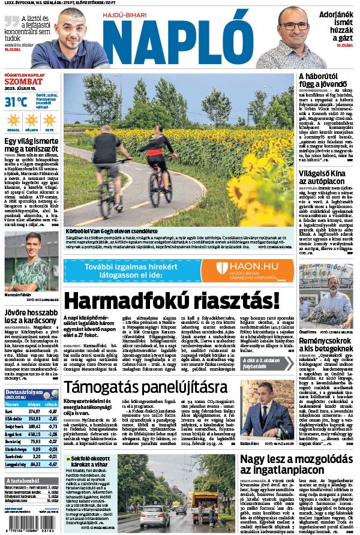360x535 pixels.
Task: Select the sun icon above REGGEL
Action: [x=13, y=120]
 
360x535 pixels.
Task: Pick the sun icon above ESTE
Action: [x=49, y=120]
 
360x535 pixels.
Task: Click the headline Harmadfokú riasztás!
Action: [x=172, y=301]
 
